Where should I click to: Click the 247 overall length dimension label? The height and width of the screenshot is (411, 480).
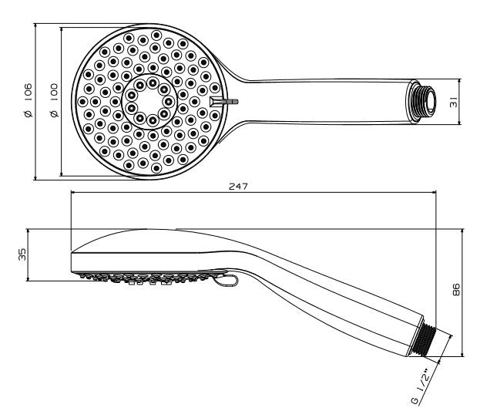pyautogui.click(x=238, y=186)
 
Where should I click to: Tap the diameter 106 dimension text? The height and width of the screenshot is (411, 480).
pyautogui.click(x=28, y=100)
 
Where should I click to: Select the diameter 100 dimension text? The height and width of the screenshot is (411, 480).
pyautogui.click(x=54, y=100)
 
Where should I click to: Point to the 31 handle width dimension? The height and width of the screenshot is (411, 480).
pyautogui.click(x=454, y=102)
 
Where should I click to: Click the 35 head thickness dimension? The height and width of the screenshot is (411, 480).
pyautogui.click(x=22, y=254)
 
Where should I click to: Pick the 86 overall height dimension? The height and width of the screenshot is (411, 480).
pyautogui.click(x=456, y=290)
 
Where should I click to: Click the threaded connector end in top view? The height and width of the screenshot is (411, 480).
pyautogui.click(x=422, y=102)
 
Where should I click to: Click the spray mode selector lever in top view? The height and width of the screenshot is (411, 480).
pyautogui.click(x=224, y=102)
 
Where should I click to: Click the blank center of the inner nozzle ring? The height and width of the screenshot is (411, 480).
pyautogui.click(x=150, y=101)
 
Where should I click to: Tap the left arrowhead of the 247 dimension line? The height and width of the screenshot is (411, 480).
pyautogui.click(x=74, y=193)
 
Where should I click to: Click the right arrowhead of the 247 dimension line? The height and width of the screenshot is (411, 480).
pyautogui.click(x=433, y=193)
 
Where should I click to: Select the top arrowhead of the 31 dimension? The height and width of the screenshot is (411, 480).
pyautogui.click(x=459, y=82)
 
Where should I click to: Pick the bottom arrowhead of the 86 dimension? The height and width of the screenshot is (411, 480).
pyautogui.click(x=462, y=353)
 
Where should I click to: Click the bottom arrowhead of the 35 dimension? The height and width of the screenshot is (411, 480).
pyautogui.click(x=28, y=278)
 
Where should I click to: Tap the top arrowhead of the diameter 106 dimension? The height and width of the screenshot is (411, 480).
pyautogui.click(x=35, y=26)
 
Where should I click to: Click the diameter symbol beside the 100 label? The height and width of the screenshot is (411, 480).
pyautogui.click(x=55, y=114)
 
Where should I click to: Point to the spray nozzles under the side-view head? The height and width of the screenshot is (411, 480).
pyautogui.click(x=144, y=278)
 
